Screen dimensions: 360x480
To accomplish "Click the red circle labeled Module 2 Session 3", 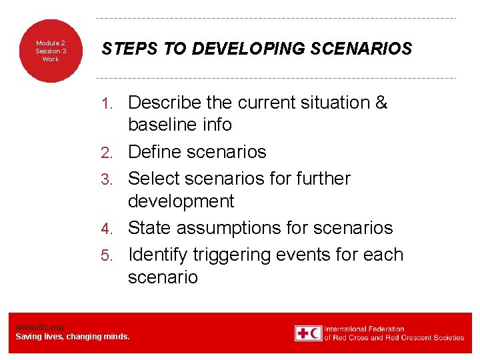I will tap(51, 51).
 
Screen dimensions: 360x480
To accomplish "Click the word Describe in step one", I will tap(165, 103).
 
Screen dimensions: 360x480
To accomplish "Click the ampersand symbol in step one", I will tap(381, 103).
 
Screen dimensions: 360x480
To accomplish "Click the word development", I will tap(181, 201).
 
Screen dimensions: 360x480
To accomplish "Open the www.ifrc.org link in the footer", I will tap(39, 327).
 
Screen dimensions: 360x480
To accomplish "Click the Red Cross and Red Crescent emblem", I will tap(308, 333).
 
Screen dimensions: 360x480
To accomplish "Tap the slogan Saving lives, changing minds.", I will tap(73, 337).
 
